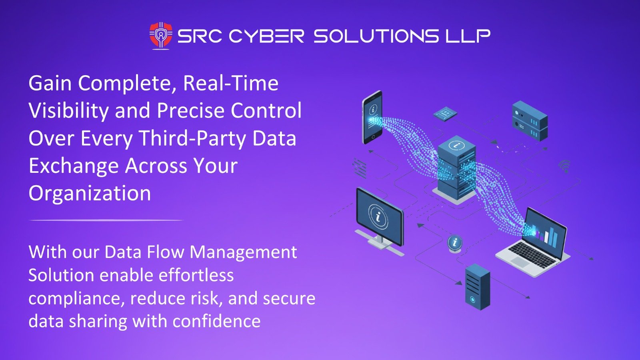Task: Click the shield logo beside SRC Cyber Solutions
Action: tap(161, 36)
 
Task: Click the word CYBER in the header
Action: tap(266, 36)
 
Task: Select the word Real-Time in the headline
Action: tap(230, 83)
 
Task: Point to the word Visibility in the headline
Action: tap(68, 111)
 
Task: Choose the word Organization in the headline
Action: tap(90, 193)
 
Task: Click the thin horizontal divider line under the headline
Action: tap(106, 220)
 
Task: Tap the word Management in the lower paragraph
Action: tap(243, 252)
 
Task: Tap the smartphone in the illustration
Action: tap(372, 117)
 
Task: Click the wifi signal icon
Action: tap(564, 166)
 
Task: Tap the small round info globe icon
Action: tap(455, 242)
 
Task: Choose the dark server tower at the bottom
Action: tap(477, 286)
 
